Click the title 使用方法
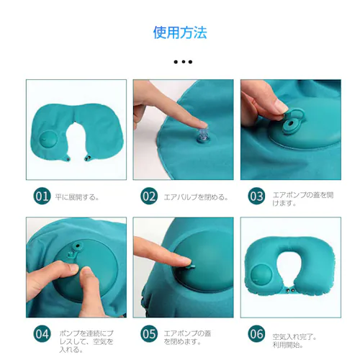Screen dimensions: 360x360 tap(180, 32)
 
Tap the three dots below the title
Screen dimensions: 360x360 tap(183, 62)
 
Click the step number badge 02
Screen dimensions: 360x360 tap(149, 196)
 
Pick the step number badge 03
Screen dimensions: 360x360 tap(256, 196)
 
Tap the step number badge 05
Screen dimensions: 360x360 tap(149, 334)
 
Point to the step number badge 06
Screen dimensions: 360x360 tap(256, 334)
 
